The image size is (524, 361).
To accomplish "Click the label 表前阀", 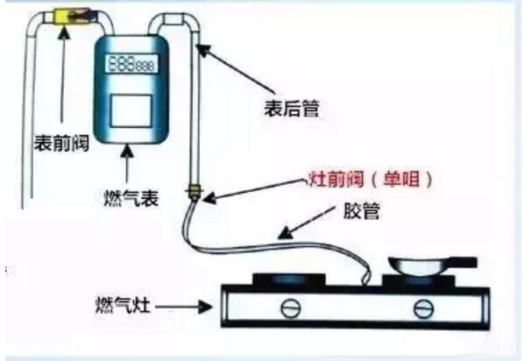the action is pos(61,143).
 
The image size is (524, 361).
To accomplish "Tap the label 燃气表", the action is pos(131,198).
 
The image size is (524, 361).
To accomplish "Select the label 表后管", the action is pos(292,109).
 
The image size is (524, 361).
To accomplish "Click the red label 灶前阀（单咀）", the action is pos(370,179).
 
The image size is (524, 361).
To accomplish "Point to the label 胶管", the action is pos(362,211).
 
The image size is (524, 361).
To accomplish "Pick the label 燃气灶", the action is pos(123,305).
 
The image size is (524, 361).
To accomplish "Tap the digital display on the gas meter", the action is pos(131,63).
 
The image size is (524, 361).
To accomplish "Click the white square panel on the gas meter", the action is pos(131,111).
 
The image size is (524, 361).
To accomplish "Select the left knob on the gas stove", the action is pos(290,308).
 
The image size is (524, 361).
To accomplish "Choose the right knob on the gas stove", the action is pos(423,308).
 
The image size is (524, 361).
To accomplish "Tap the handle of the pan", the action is pos(464,262).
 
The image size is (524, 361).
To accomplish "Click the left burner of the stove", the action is pos(289,280).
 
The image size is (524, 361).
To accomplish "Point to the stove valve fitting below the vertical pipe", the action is pos(195,193).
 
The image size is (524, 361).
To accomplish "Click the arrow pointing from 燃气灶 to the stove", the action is pos(183,307).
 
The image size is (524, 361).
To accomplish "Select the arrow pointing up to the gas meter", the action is pos(127,163).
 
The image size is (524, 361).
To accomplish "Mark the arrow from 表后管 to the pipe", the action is pos(236,68).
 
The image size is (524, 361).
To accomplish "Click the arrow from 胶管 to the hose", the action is pos(306,223).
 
